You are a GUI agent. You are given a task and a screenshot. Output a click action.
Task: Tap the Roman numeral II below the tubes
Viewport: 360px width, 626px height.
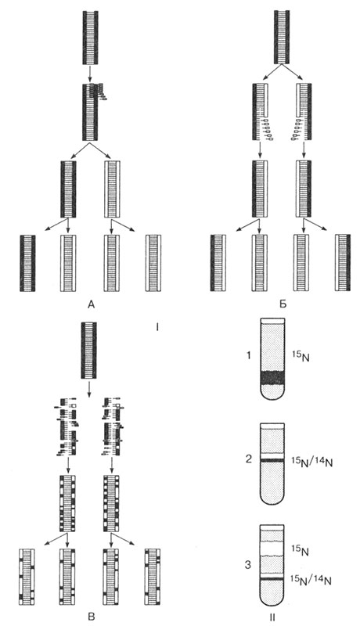[272, 617]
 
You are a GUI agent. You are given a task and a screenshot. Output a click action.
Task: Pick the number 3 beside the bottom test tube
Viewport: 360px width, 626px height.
[249, 566]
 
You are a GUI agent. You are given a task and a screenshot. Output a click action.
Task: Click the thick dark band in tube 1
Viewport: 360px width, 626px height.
[272, 378]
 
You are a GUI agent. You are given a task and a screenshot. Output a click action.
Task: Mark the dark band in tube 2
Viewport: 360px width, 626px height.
[272, 460]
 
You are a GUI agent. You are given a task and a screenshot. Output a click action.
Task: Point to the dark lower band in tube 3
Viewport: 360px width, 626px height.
[272, 578]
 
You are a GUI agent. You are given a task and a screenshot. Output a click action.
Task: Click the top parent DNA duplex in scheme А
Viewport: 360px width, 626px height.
[91, 38]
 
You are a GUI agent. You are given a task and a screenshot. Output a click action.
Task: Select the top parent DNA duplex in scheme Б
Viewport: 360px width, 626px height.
[282, 37]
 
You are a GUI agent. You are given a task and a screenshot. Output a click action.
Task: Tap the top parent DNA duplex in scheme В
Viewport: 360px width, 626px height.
[88, 350]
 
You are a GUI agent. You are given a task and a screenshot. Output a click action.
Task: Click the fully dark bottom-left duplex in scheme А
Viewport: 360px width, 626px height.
[28, 263]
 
